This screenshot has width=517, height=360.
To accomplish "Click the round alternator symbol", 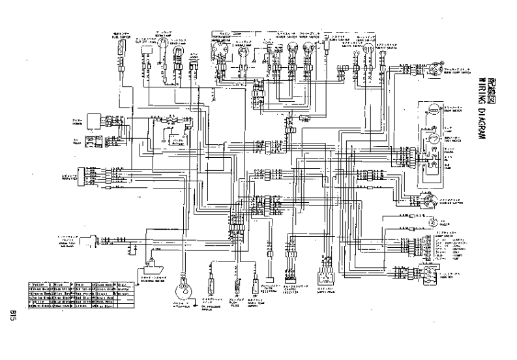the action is point(187,288).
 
